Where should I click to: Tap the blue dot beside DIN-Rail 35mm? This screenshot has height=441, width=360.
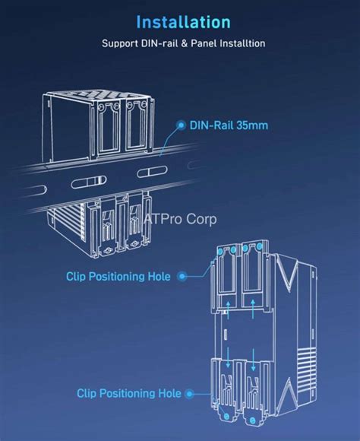pyautogui.click(x=182, y=124)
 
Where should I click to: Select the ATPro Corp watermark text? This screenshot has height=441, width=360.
pyautogui.click(x=181, y=219)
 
